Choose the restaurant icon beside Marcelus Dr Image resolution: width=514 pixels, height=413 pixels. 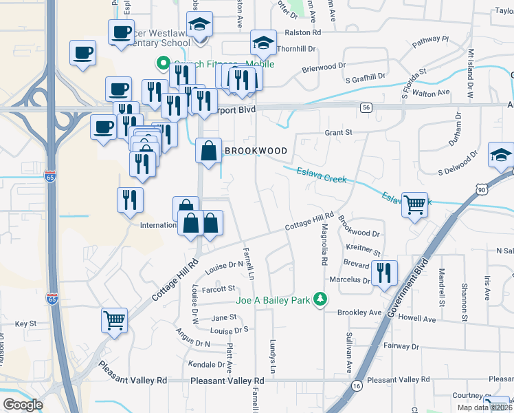tap(384, 273)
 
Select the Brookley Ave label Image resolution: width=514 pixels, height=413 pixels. tap(359, 312)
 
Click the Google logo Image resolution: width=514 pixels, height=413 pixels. tap(23, 405)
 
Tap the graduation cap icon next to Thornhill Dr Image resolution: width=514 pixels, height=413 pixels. tap(262, 43)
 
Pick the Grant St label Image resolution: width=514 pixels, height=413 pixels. tap(338, 131)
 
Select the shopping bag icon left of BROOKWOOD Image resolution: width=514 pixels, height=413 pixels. tap(208, 150)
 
